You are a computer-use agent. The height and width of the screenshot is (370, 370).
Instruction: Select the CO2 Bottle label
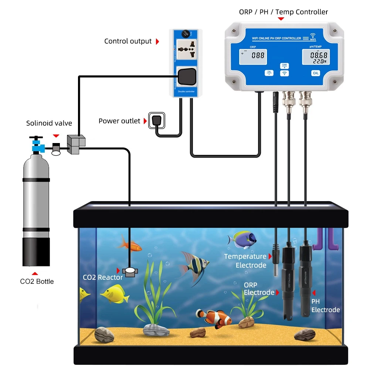[x=37, y=281]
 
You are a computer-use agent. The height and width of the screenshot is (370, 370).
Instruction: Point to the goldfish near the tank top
[x=129, y=244]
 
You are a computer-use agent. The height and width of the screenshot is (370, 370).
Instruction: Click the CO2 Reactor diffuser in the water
[x=130, y=272]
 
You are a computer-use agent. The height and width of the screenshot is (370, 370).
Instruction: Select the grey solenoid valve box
[x=76, y=145]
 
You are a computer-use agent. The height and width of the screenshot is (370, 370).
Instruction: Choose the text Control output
[x=128, y=41]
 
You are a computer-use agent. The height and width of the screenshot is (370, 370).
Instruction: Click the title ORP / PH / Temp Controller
[x=284, y=12]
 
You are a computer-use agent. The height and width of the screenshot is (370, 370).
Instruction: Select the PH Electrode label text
[x=325, y=306]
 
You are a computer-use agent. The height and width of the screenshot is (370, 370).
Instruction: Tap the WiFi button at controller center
[x=284, y=73]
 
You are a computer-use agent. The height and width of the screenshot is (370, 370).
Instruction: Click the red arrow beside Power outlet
[x=145, y=121]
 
